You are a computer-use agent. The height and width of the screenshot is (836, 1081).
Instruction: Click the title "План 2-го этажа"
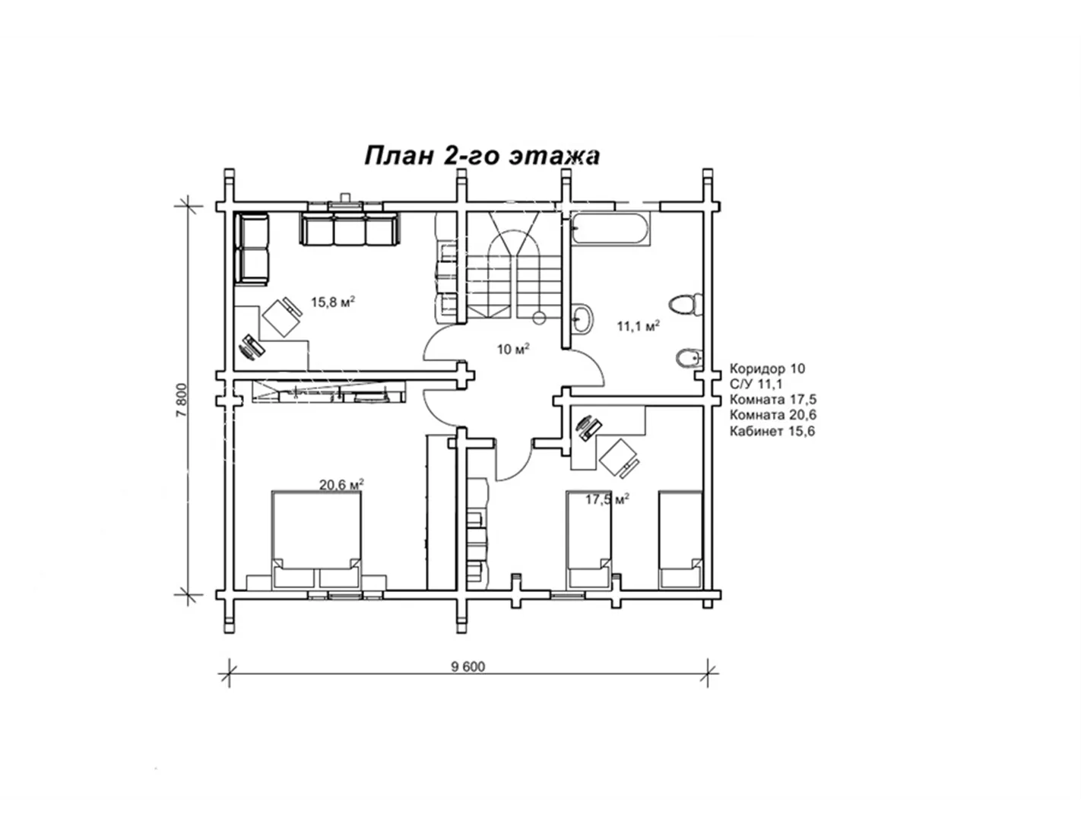coord(482,156)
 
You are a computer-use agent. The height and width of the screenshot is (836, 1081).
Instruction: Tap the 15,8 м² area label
coord(333,302)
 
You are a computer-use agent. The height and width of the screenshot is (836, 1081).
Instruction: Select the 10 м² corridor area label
coord(513,349)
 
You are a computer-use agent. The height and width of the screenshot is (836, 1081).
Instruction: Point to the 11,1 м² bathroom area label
coord(639,326)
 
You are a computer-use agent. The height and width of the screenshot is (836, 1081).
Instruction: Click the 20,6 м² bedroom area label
coord(341,484)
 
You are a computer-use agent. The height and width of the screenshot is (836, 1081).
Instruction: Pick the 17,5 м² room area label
coord(607,499)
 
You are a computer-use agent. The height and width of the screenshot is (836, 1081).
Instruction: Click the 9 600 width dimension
coord(468,667)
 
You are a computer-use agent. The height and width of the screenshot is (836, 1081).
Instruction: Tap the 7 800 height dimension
coord(182,400)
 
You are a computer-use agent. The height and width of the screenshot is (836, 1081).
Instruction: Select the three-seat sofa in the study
coord(350,230)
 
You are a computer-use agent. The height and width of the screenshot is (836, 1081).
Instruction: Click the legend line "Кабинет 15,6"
coord(772,431)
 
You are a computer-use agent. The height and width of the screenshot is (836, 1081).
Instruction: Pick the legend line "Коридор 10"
coord(767,369)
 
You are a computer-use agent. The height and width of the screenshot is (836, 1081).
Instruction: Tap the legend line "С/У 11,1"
coord(756,385)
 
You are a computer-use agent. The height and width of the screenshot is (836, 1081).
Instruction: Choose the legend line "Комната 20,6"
coord(773,415)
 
